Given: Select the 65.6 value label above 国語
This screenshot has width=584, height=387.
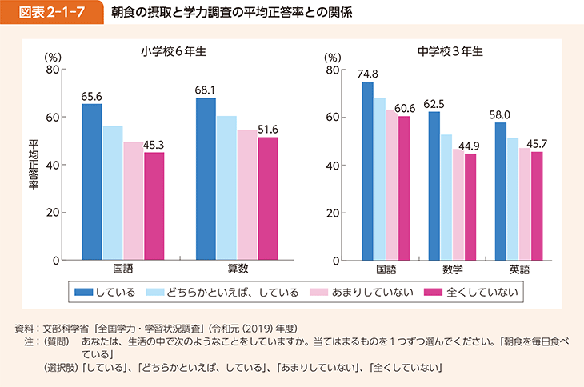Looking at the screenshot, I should coord(92,95).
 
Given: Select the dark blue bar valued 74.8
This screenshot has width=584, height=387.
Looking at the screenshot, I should coord(367,171).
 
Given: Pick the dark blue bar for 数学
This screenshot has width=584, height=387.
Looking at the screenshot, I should coord(434,186).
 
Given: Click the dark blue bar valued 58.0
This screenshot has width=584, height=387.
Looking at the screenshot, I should coord(500,191).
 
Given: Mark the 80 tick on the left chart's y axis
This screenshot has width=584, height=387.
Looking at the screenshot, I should coord(53,70).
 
